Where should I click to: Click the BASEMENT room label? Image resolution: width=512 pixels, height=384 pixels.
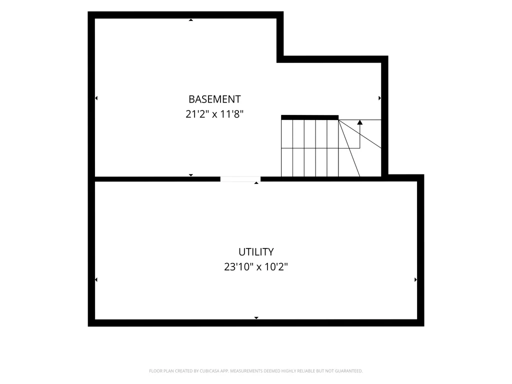click(x=214, y=99)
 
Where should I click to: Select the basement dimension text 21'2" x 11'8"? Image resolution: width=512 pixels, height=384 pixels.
click(x=214, y=114)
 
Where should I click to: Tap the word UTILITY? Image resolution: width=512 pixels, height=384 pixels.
click(x=256, y=252)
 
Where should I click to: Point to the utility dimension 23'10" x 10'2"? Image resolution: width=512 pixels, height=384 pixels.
click(x=256, y=267)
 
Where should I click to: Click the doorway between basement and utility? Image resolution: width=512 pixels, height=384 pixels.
click(x=240, y=179)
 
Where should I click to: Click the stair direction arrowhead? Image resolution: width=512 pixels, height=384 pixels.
click(x=360, y=122)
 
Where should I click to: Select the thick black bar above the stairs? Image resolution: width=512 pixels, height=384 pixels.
click(x=309, y=117)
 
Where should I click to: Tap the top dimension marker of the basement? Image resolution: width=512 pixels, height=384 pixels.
click(x=191, y=20)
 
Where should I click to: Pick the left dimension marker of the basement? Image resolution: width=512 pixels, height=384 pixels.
click(x=96, y=98)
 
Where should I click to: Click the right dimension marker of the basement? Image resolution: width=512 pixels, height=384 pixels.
click(x=379, y=98)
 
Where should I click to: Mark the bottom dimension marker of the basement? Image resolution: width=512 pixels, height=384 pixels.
click(x=191, y=175)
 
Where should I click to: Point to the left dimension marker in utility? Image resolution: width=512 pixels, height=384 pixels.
click(x=96, y=279)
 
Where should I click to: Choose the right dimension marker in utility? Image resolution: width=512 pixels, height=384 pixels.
click(x=415, y=279)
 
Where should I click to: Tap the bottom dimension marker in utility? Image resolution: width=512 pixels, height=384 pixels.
click(x=256, y=317)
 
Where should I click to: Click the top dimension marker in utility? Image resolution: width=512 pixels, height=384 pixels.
click(x=256, y=183)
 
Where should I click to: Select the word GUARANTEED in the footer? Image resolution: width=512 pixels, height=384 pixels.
click(x=350, y=371)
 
